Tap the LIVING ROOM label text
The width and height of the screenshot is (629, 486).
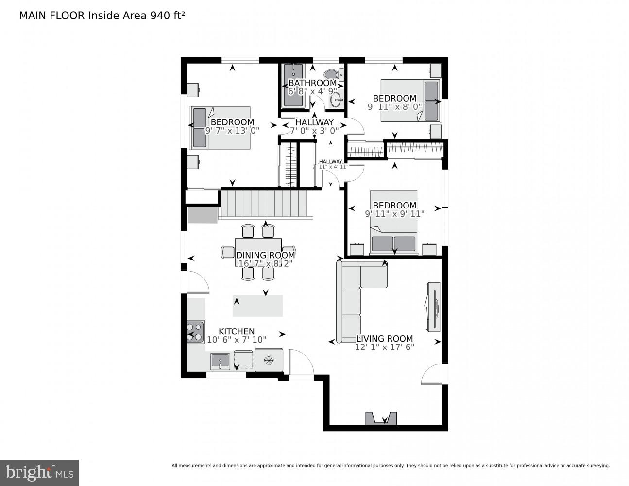[384, 339]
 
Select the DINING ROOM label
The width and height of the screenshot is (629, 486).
[265, 255]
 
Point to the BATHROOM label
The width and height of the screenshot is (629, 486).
[312, 83]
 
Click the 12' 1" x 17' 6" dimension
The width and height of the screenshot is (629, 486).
[384, 347]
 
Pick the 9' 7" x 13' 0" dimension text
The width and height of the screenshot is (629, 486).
[232, 130]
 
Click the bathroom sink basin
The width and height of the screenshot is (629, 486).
[336, 101]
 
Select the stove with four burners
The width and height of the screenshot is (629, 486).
[195, 332]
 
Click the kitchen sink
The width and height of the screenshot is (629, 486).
[220, 362]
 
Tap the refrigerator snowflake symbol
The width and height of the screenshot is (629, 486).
[268, 360]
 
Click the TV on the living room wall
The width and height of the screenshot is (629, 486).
[434, 307]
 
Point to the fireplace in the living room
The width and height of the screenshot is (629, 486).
[381, 418]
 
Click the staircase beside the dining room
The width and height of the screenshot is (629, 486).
[264, 204]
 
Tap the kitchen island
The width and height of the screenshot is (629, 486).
[258, 306]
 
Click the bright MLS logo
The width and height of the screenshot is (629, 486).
[39, 472]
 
